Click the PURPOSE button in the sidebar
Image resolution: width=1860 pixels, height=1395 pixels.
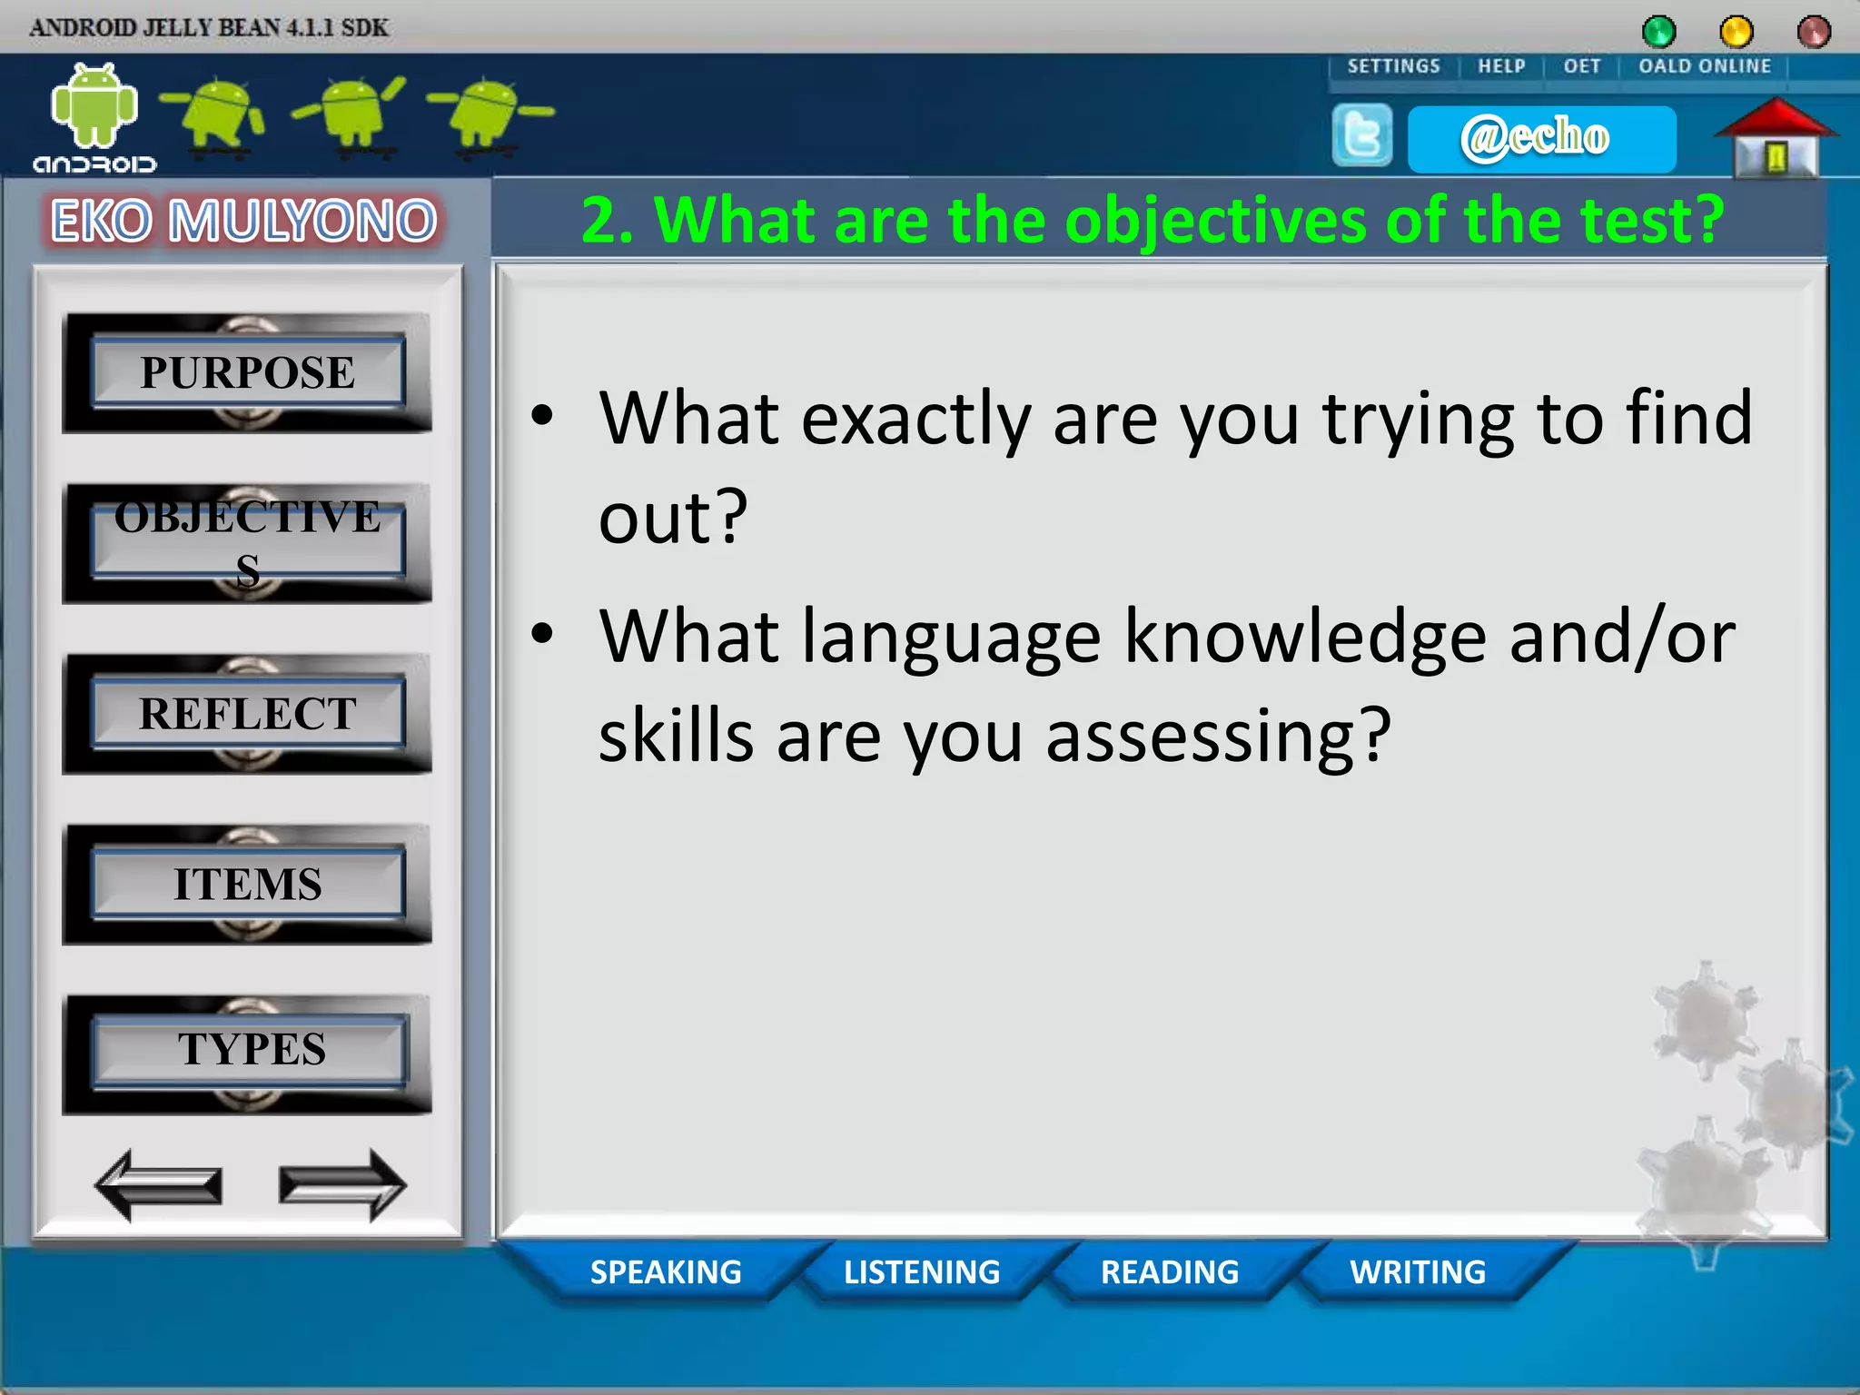247,372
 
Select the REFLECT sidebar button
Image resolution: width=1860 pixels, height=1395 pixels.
247,714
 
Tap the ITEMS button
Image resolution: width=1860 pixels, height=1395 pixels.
247,884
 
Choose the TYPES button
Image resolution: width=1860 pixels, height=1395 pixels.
249,1050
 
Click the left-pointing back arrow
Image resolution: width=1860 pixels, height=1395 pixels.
158,1185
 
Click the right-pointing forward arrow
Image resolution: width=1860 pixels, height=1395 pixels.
342,1185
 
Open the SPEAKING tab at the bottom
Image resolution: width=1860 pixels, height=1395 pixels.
666,1271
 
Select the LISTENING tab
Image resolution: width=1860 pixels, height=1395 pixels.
921,1271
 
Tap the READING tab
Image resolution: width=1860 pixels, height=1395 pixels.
1170,1271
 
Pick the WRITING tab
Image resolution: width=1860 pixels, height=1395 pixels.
1418,1271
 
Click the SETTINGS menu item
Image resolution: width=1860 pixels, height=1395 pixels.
1393,66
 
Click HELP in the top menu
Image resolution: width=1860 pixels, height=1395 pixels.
1501,66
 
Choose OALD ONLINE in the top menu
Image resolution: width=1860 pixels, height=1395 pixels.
1705,66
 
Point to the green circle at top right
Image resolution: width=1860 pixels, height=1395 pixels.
1658,32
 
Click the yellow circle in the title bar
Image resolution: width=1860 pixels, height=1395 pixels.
1736,32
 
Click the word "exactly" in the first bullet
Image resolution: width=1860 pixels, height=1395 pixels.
915,420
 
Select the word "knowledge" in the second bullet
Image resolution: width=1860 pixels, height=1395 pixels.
1304,638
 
